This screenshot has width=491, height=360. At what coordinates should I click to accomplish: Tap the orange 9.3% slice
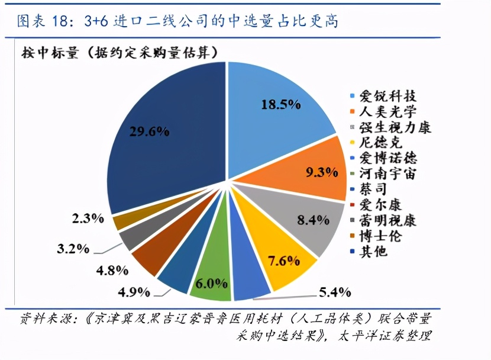[316, 172]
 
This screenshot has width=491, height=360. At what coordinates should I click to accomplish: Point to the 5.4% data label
[335, 292]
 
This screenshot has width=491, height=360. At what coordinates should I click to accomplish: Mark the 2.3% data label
[88, 218]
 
